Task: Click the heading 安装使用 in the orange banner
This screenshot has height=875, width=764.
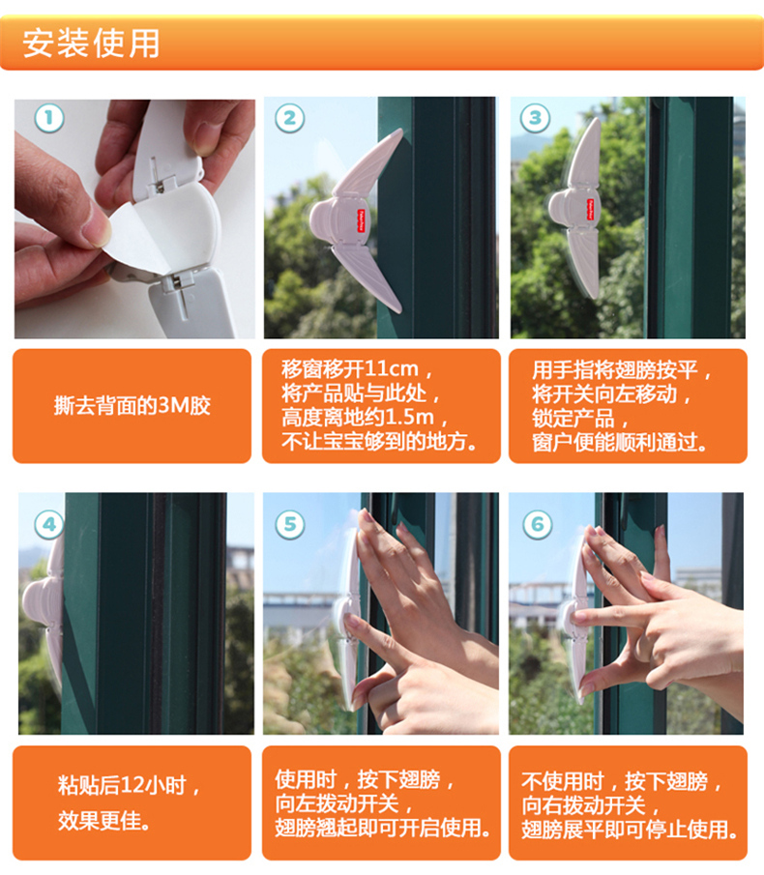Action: coord(91,44)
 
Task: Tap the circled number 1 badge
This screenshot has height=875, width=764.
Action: coord(49,118)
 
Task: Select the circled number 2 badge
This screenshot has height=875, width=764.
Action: coord(289,118)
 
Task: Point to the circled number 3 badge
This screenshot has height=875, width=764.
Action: coord(535,118)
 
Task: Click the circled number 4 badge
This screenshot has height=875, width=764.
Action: coord(49,525)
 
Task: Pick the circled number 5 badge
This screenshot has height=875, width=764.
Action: coord(290,525)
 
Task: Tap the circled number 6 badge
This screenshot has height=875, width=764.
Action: coord(537,525)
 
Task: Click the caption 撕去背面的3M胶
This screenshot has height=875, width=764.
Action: coord(132,406)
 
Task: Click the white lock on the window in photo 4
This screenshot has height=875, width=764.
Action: coord(44,608)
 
